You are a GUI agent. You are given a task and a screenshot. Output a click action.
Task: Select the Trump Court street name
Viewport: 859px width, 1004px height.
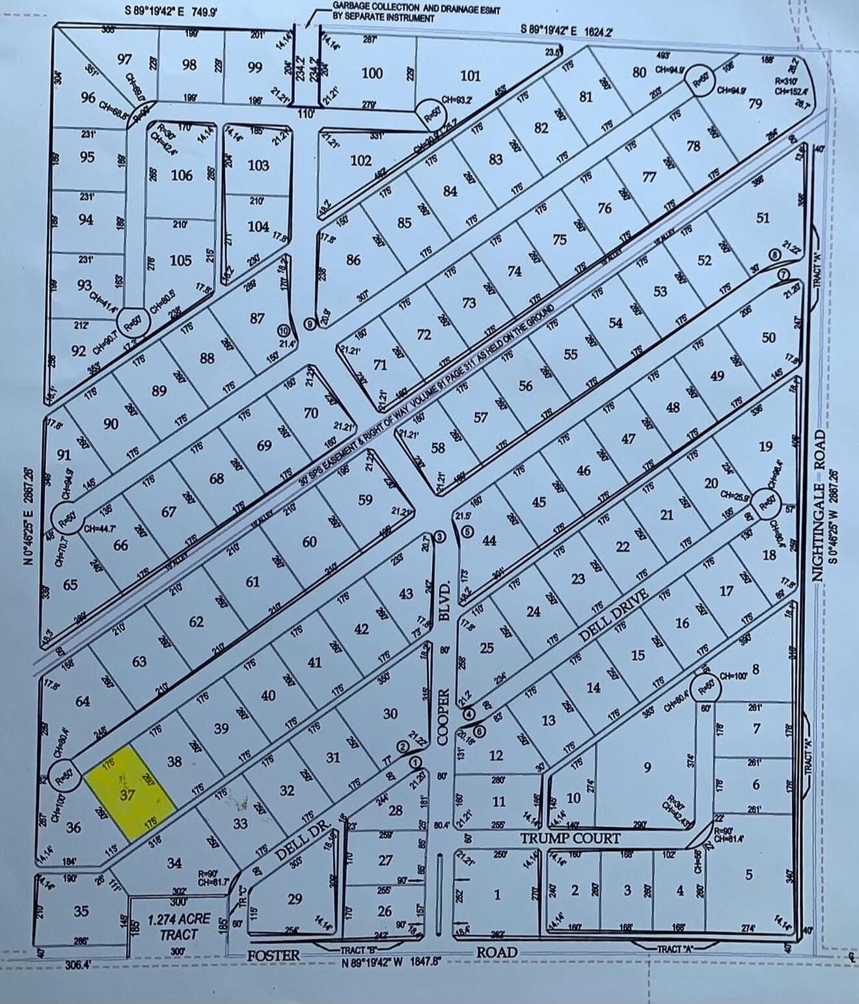[570, 837]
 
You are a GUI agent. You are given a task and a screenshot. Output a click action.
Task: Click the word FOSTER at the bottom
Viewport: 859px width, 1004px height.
[273, 955]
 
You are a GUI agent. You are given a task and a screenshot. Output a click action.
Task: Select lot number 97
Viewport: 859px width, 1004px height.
[124, 59]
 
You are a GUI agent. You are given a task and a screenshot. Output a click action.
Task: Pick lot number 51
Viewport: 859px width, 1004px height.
[763, 218]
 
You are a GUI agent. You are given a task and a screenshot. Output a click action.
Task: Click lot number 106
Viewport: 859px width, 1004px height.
[182, 175]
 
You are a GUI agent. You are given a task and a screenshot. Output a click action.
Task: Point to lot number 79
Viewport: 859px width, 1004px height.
[755, 103]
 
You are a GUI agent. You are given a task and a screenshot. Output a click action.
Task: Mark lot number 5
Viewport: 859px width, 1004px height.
[748, 875]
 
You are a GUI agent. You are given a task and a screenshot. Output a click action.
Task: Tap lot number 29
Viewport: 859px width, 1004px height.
[294, 899]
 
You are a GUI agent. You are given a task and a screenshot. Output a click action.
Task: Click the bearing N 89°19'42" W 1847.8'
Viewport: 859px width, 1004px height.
[392, 963]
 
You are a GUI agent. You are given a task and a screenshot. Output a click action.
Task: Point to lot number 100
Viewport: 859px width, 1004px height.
[372, 73]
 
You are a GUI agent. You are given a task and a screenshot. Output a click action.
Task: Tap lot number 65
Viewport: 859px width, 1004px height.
[70, 584]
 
